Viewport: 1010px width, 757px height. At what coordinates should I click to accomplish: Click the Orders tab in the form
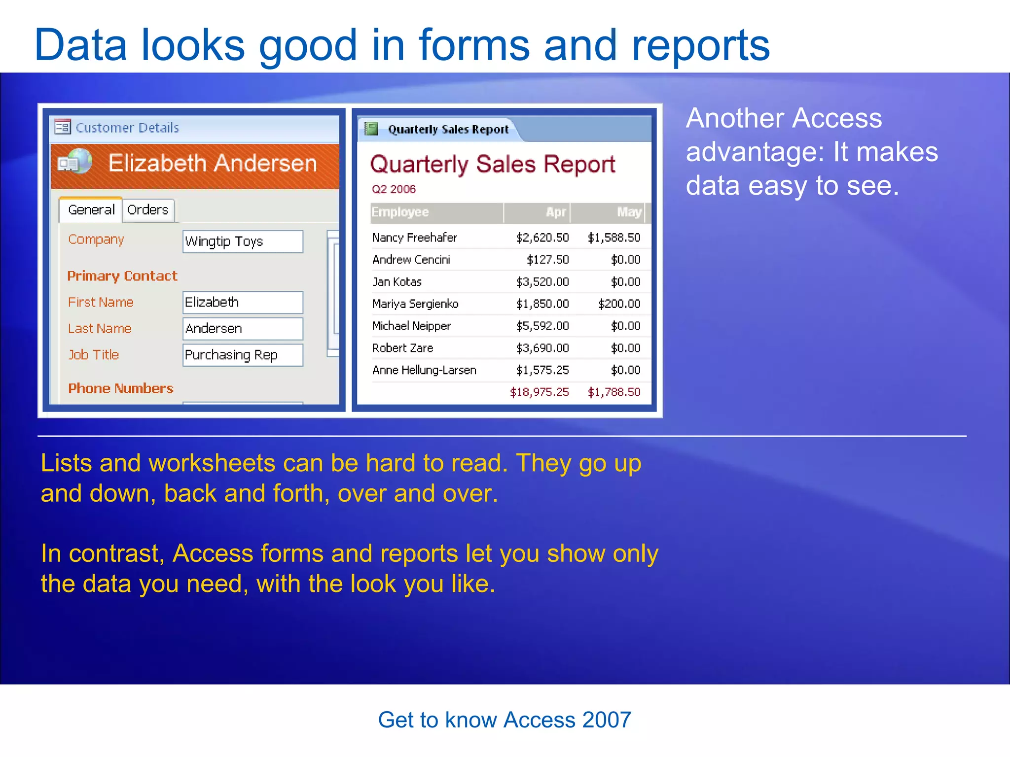pyautogui.click(x=148, y=210)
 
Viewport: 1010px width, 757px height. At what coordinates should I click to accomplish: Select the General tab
pyautogui.click(x=91, y=210)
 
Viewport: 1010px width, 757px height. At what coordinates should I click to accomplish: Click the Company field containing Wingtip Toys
pyautogui.click(x=243, y=241)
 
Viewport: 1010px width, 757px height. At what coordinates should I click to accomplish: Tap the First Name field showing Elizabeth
pyautogui.click(x=243, y=302)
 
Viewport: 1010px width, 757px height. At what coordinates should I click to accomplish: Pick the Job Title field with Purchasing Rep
pyautogui.click(x=243, y=355)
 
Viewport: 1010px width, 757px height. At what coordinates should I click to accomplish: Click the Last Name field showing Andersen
pyautogui.click(x=243, y=329)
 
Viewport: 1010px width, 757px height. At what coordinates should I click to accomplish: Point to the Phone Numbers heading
pyautogui.click(x=121, y=388)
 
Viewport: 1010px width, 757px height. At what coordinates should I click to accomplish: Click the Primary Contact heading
pyautogui.click(x=122, y=276)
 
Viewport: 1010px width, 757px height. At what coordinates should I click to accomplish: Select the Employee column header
pyautogui.click(x=400, y=212)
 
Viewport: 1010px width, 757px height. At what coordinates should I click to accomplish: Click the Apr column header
pyautogui.click(x=556, y=212)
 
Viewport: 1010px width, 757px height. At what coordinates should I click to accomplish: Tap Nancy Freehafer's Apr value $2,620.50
pyautogui.click(x=542, y=238)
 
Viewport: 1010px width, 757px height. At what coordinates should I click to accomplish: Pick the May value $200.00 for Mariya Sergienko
pyautogui.click(x=619, y=304)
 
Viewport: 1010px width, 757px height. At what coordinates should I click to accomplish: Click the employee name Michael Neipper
pyautogui.click(x=411, y=326)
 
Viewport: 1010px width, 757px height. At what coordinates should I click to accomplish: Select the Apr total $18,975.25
pyautogui.click(x=540, y=392)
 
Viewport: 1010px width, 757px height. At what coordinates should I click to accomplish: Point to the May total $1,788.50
pyautogui.click(x=614, y=392)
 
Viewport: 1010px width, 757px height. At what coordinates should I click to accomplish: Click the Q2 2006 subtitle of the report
pyautogui.click(x=394, y=189)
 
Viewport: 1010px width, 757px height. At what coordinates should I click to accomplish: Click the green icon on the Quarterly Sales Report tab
pyautogui.click(x=371, y=129)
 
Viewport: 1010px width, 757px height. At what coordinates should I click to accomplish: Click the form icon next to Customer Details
pyautogui.click(x=63, y=127)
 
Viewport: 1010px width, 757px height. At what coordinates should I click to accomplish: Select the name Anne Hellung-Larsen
pyautogui.click(x=424, y=370)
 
